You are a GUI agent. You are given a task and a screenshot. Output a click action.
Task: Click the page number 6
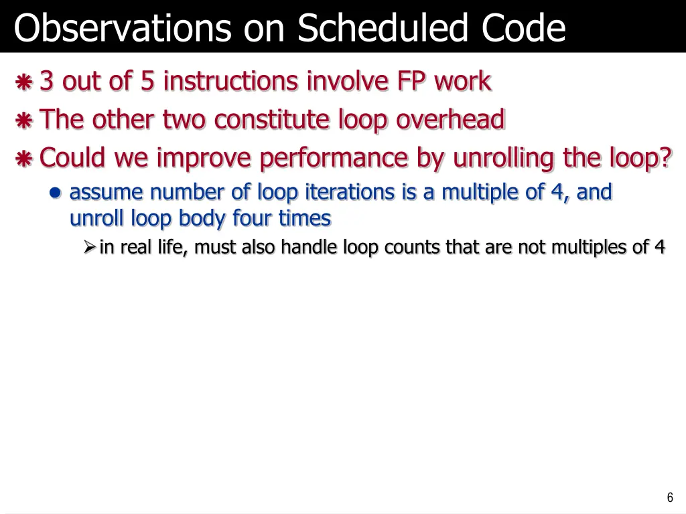coord(670,497)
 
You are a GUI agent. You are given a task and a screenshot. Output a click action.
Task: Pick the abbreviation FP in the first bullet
coord(412,82)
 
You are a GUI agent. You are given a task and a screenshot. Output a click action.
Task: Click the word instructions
coord(232,82)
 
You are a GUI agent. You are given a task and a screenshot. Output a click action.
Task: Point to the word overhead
coord(450,120)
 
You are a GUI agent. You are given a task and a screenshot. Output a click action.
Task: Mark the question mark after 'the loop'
coord(665,159)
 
